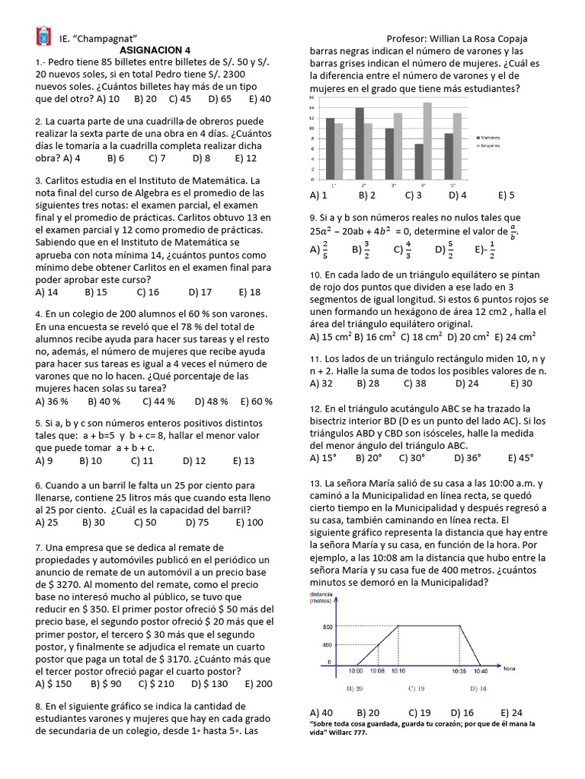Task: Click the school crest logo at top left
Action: (x=43, y=37)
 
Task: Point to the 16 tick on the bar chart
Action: (x=312, y=97)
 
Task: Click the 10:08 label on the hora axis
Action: (x=377, y=671)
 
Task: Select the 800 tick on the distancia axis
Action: (x=327, y=627)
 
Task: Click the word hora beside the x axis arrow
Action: (x=510, y=668)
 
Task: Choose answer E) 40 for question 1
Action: (x=260, y=99)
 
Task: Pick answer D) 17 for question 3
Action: (x=200, y=291)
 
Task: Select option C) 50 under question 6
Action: (x=145, y=522)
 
